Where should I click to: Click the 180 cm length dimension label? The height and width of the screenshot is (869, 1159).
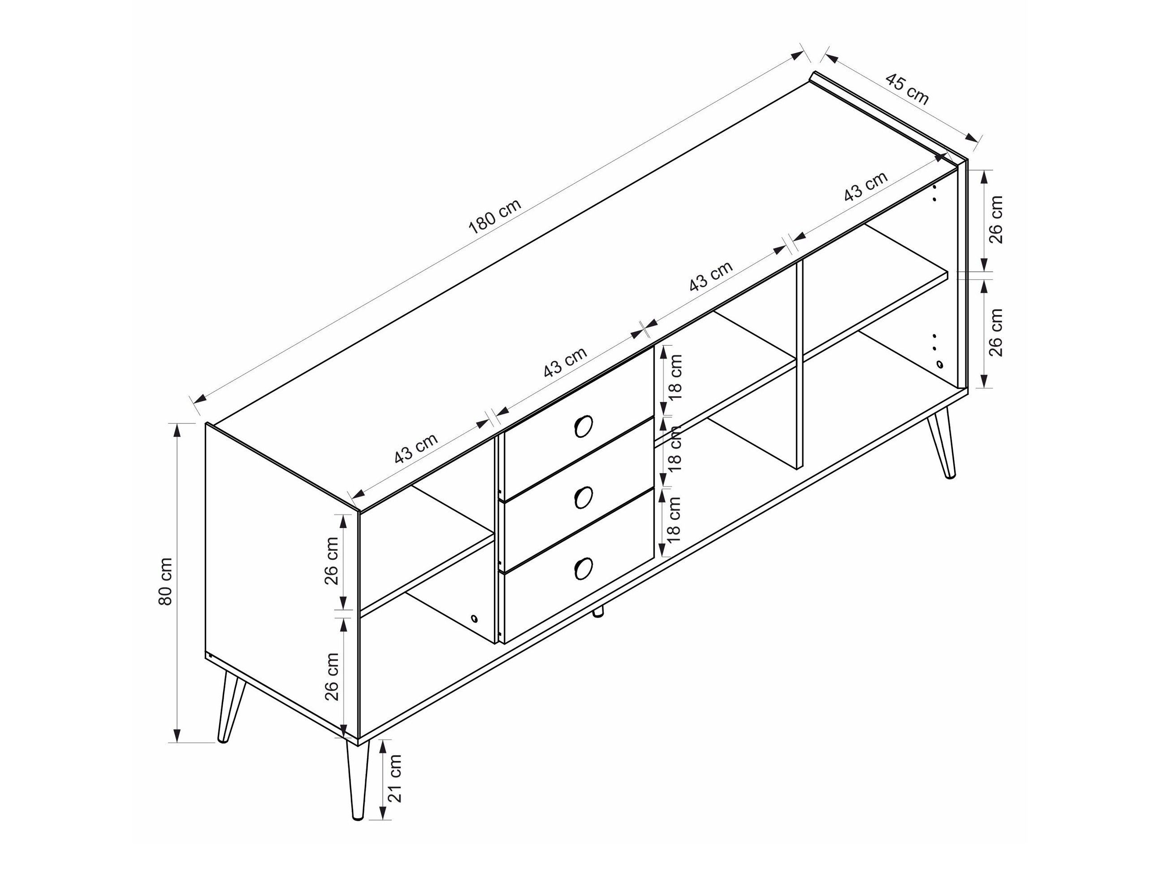(495, 216)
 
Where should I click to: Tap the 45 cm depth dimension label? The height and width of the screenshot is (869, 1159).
(907, 89)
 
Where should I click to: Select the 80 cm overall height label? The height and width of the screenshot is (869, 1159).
(165, 581)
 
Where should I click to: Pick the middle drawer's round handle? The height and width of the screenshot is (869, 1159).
(583, 497)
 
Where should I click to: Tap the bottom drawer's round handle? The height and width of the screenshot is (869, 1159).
(583, 568)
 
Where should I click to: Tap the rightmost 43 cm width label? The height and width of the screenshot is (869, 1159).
(865, 186)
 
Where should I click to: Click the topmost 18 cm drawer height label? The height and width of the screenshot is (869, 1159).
(675, 378)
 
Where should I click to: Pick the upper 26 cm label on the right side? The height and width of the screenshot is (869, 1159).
(995, 220)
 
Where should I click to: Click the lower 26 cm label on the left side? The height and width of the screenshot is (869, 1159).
(332, 676)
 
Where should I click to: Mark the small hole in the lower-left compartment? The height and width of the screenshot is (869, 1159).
(475, 618)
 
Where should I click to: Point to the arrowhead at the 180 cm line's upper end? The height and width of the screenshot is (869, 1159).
(797, 55)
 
